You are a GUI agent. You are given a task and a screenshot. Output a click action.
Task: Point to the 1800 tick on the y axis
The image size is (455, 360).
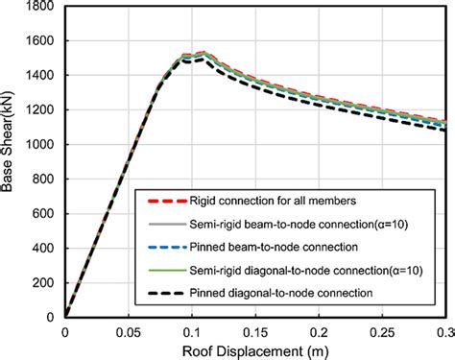[x=41, y=8]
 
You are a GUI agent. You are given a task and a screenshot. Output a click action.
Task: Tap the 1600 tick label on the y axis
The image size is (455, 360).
[x=41, y=41]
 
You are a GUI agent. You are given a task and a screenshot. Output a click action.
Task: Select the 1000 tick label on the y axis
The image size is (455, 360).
[x=41, y=145]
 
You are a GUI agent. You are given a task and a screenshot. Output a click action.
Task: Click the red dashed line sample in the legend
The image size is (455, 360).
[x=165, y=202]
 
